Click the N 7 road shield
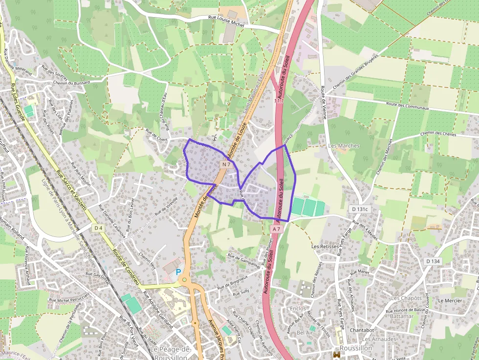225,165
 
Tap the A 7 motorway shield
277,229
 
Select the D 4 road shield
99,228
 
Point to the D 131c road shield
360,209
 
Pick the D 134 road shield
433,261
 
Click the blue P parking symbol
178,272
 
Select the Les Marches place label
344,146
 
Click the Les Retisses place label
325,246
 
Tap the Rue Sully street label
241,293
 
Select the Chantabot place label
362,330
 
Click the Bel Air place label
305,332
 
